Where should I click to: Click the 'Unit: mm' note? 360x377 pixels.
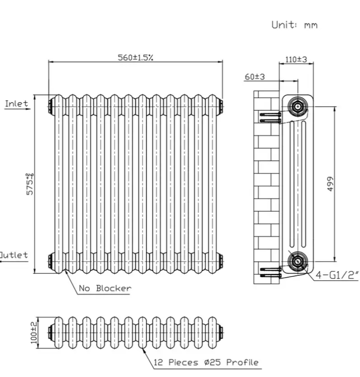tap(294, 25)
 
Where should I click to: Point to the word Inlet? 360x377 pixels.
tap(16, 103)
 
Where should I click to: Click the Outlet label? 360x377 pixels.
tap(14, 255)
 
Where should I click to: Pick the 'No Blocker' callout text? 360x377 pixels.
tap(105, 288)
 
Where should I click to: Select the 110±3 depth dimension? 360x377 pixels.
tap(296, 59)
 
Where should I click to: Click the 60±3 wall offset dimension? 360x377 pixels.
tap(255, 77)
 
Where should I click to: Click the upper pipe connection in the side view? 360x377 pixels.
tap(297, 107)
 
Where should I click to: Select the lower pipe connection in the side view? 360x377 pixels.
tap(297, 261)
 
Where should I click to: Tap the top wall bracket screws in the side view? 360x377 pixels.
tap(270, 117)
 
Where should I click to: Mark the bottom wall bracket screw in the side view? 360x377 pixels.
tap(270, 273)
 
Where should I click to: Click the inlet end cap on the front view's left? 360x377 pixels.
tap(51, 106)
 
